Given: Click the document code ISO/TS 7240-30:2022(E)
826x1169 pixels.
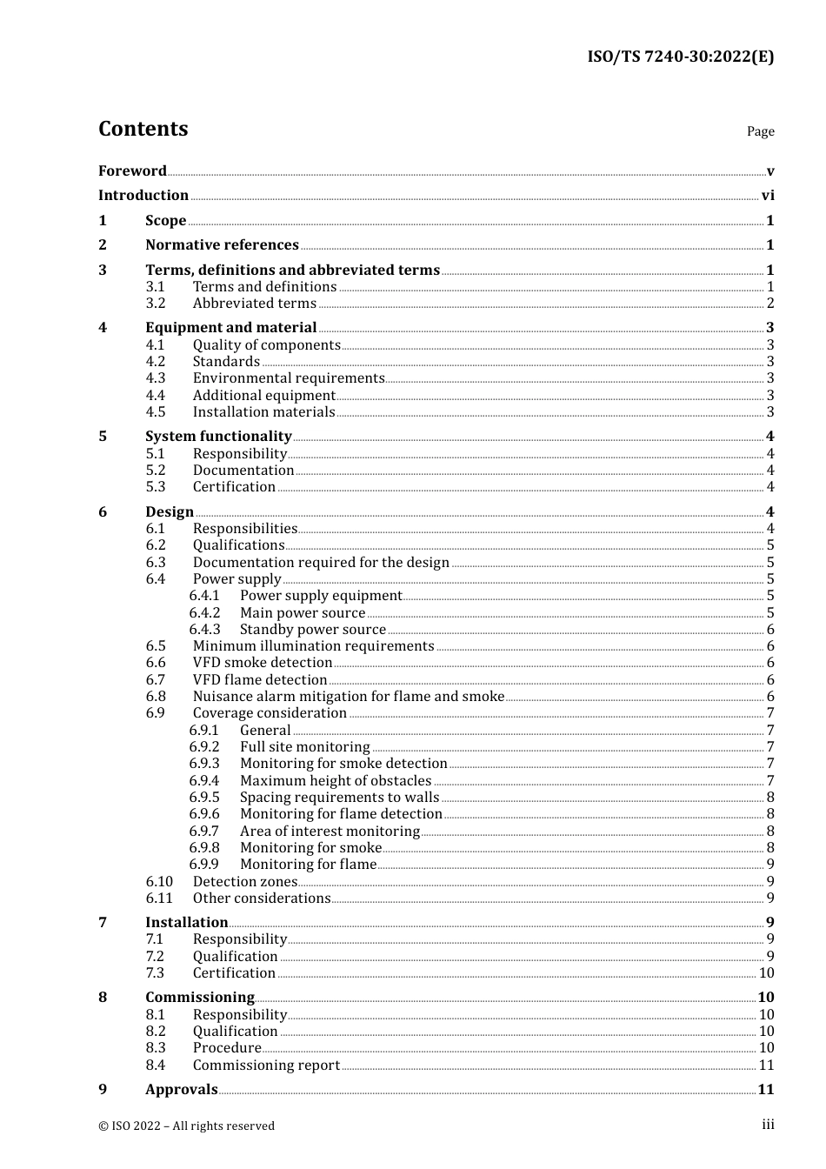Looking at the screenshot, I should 680,57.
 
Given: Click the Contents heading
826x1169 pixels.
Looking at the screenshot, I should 143,129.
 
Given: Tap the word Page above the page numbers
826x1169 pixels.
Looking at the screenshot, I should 760,131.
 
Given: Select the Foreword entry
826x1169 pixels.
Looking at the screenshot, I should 132,171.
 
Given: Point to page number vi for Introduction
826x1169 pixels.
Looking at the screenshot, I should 768,196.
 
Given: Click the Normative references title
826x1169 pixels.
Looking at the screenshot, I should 222,245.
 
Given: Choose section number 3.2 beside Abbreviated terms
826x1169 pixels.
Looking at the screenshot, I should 156,304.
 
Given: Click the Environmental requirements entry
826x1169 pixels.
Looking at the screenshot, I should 288,378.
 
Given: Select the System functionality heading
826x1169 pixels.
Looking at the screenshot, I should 218,437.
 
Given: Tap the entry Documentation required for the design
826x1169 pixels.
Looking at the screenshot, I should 321,563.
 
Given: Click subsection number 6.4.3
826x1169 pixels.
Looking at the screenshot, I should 205,630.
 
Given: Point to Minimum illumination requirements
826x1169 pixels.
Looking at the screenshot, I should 313,646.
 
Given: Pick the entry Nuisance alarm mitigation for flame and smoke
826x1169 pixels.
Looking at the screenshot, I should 348,697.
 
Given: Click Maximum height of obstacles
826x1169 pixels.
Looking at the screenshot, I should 336,781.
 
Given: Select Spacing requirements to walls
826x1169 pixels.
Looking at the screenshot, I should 339,798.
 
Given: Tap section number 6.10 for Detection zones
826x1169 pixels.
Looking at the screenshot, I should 159,882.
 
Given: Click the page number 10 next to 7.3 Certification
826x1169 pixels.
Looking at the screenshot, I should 766,973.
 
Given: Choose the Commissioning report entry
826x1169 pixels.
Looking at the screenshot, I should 266,1065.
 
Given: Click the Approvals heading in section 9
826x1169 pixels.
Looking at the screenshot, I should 181,1090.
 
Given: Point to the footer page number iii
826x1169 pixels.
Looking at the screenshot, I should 768,1125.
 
